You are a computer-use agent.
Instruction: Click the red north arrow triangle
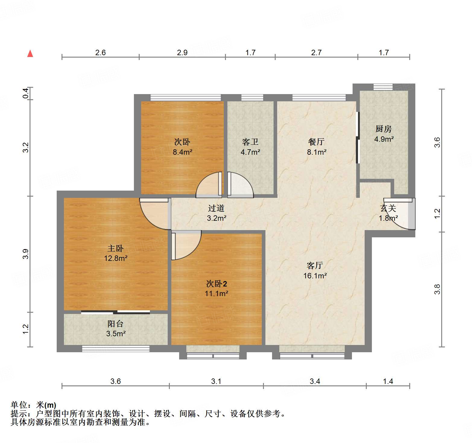click(30, 54)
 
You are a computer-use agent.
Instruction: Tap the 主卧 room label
click(116, 248)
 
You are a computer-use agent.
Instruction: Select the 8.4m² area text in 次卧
click(182, 152)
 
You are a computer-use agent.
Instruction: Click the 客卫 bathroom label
click(250, 142)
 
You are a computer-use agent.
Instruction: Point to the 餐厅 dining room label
click(316, 142)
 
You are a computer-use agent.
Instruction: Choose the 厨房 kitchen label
click(384, 129)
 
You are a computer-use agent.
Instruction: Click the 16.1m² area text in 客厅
click(315, 276)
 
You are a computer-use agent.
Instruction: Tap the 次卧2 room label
click(217, 283)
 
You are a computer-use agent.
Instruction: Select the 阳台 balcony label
click(116, 324)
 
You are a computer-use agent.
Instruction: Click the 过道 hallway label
click(216, 208)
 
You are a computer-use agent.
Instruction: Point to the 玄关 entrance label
click(388, 208)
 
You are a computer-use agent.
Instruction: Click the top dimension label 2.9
click(182, 53)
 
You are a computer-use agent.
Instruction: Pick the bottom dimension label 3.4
click(315, 381)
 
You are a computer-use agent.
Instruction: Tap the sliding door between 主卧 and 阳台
click(116, 312)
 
